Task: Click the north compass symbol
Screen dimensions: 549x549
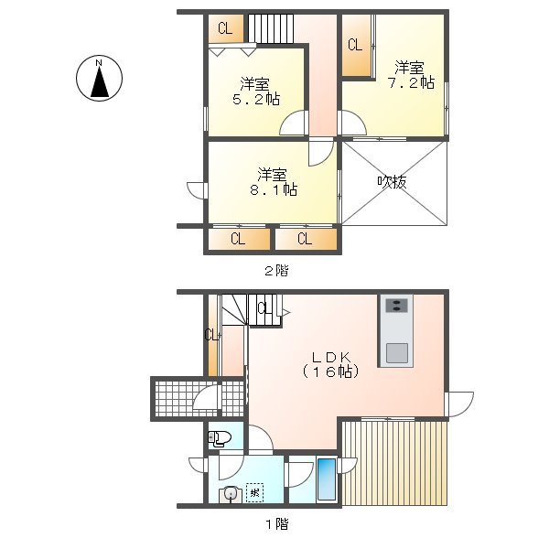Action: point(99,78)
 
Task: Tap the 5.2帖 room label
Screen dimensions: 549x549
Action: point(256,91)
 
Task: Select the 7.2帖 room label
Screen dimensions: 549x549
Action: point(411,75)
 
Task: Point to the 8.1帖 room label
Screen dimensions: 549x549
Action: point(274,182)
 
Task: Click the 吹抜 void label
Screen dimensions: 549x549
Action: point(392,182)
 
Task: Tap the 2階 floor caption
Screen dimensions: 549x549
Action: point(276,271)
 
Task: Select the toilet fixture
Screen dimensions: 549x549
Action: point(220,439)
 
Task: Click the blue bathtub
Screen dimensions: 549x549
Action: point(327,479)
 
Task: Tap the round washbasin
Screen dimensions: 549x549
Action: point(230,494)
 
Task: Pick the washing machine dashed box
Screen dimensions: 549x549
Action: point(254,493)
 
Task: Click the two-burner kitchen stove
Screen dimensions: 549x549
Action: point(396,305)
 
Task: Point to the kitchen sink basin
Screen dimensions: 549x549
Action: point(397,353)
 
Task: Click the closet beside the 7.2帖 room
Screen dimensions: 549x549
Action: point(357,46)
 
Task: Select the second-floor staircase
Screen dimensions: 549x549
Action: point(271,29)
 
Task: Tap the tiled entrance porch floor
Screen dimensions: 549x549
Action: point(199,398)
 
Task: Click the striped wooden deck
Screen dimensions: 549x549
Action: point(394,463)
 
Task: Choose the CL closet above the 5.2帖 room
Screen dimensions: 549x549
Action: point(225,28)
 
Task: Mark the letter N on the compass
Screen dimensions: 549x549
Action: point(99,63)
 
